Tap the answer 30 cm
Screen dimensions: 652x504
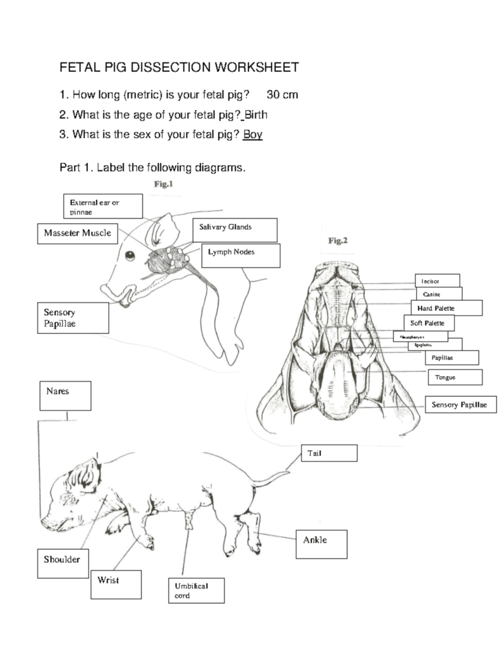click(x=282, y=95)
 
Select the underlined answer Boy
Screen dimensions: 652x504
click(x=252, y=135)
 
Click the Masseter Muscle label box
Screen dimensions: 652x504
click(x=77, y=233)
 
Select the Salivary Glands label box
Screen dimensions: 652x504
click(x=234, y=229)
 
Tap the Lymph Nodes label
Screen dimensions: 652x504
click(x=241, y=255)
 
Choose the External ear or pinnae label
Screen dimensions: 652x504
click(x=102, y=206)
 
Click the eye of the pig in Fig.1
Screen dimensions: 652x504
click(x=130, y=256)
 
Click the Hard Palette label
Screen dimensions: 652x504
click(x=445, y=308)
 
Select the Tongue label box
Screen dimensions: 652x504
click(x=454, y=378)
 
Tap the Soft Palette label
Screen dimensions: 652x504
click(x=428, y=323)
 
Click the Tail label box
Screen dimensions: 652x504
click(x=329, y=453)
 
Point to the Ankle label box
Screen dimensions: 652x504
click(x=322, y=543)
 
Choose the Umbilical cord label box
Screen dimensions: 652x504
click(x=196, y=590)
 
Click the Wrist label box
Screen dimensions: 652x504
click(x=115, y=584)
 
